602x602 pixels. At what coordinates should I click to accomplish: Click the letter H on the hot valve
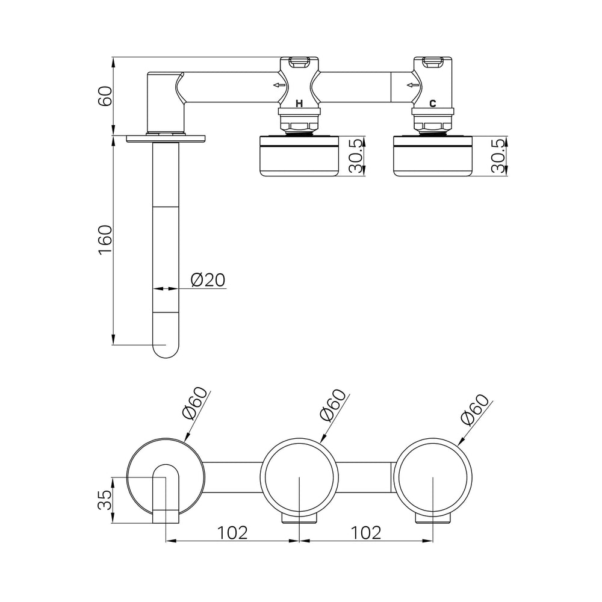pos(299,104)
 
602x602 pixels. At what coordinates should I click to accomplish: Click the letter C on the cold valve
pos(433,104)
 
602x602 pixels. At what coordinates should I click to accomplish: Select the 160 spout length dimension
pos(105,240)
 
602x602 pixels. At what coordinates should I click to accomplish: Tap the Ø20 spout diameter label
pos(208,280)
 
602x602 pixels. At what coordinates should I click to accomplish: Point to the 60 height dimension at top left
pos(105,96)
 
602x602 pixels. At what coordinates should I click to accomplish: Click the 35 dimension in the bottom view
pos(105,500)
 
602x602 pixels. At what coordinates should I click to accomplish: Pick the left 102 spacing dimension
pos(232,533)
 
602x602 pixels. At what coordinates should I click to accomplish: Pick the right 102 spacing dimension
pos(366,533)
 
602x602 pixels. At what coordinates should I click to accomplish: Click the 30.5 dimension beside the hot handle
pos(356,156)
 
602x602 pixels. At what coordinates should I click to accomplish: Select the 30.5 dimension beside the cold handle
pos(498,156)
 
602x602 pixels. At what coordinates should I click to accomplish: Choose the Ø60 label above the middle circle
pos(333,405)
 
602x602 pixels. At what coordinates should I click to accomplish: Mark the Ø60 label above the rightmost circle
pos(476,409)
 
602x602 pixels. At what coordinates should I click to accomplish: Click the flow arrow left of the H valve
pos(279,85)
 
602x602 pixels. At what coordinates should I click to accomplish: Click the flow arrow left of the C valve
pos(413,85)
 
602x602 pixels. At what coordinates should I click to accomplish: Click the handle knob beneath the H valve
pos(299,156)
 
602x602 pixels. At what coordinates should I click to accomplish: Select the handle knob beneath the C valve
pos(433,156)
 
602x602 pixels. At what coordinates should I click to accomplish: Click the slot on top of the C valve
pos(433,61)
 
